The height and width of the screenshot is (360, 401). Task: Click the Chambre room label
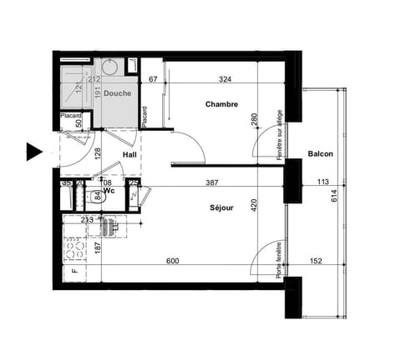click(222, 105)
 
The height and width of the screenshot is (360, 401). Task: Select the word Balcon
click(321, 154)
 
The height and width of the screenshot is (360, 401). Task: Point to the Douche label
click(117, 94)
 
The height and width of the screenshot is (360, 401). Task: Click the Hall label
click(130, 154)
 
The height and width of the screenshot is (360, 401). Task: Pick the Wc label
click(109, 190)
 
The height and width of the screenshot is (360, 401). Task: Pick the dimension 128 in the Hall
click(98, 153)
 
